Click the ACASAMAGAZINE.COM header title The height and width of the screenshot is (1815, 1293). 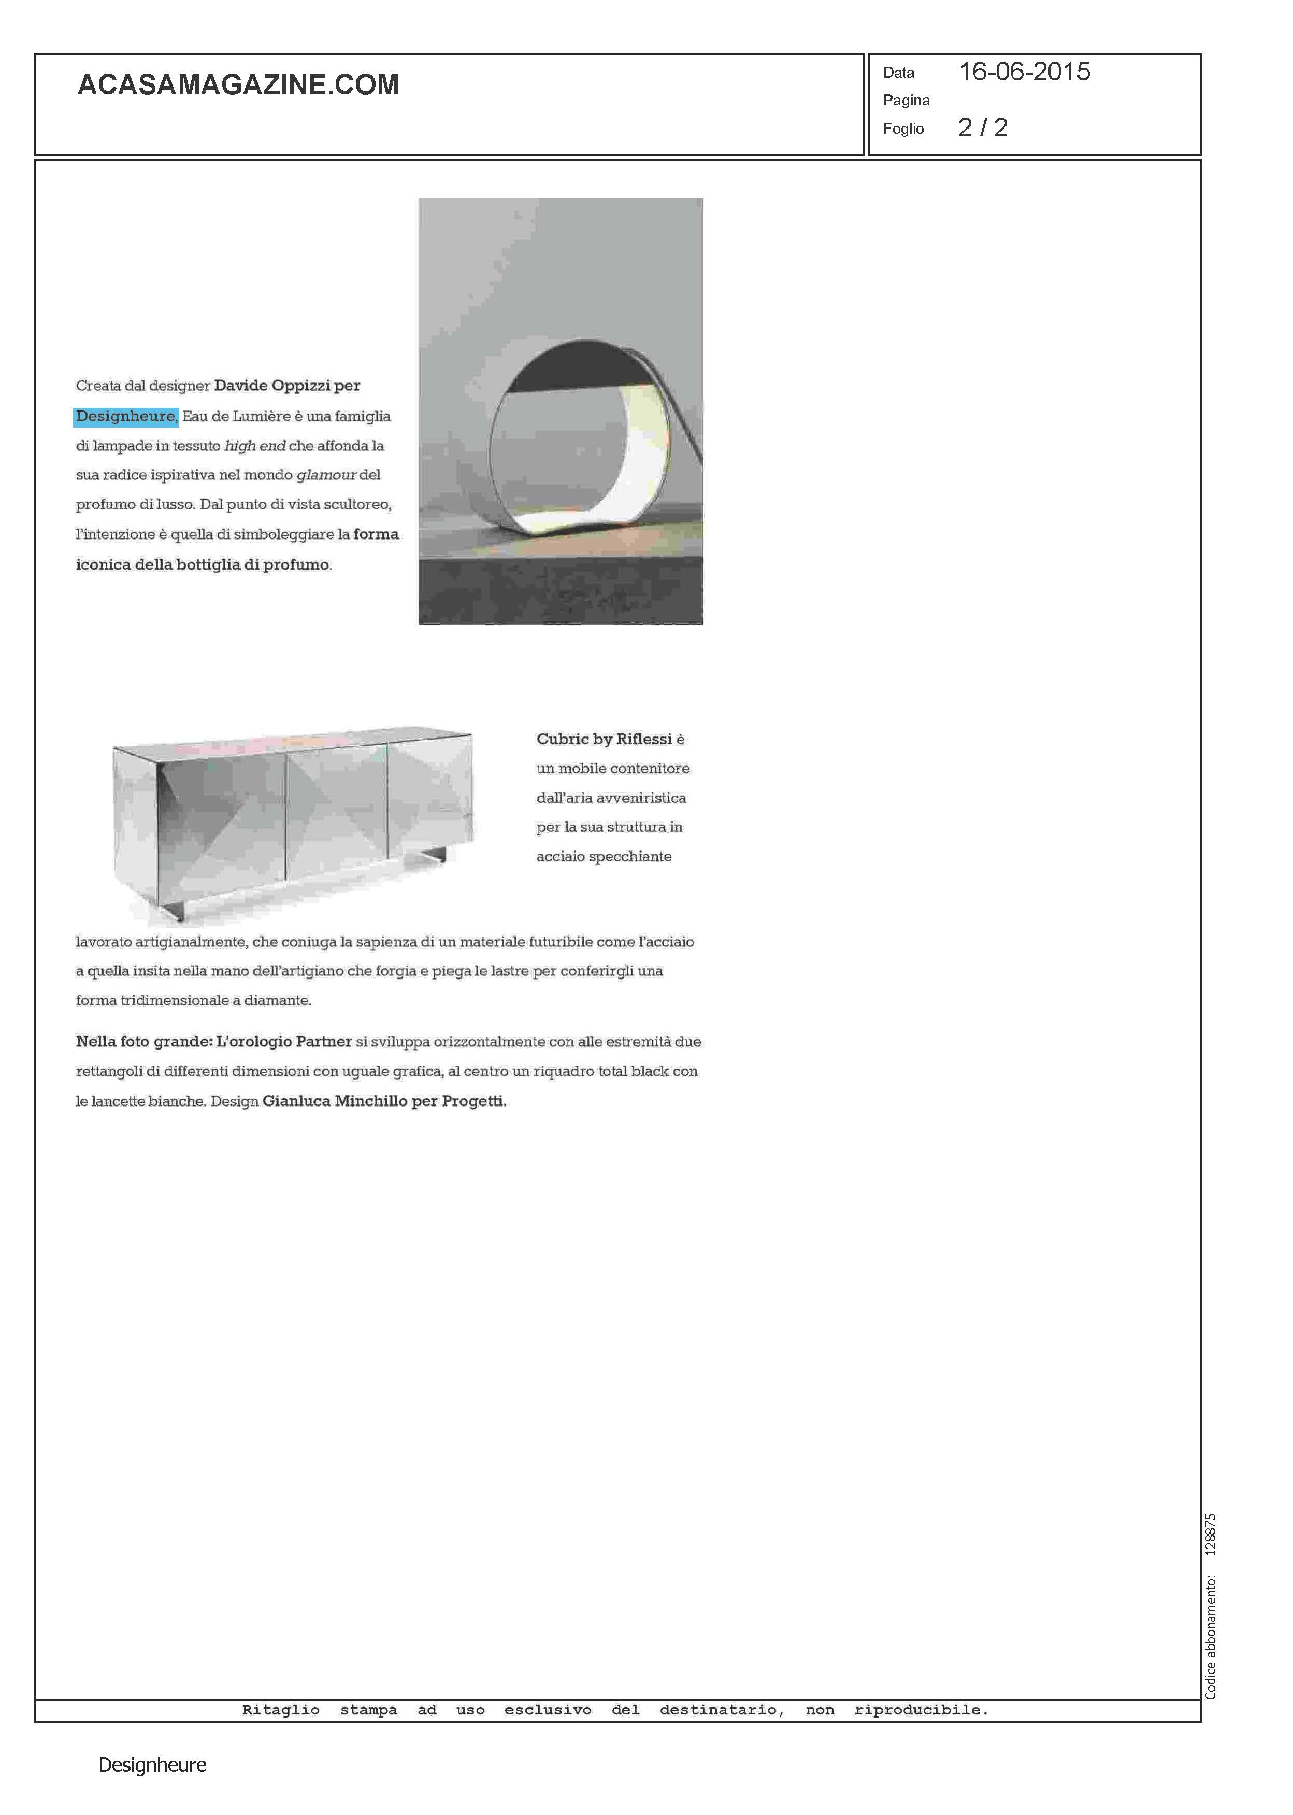click(x=238, y=85)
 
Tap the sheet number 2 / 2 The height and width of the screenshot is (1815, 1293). click(x=983, y=128)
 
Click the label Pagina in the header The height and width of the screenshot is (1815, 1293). click(x=906, y=101)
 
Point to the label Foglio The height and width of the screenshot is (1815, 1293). click(x=903, y=129)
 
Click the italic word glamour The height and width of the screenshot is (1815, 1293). click(x=326, y=475)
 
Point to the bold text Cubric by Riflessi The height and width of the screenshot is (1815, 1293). click(x=604, y=739)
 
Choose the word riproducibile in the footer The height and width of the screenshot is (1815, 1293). click(x=921, y=1710)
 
